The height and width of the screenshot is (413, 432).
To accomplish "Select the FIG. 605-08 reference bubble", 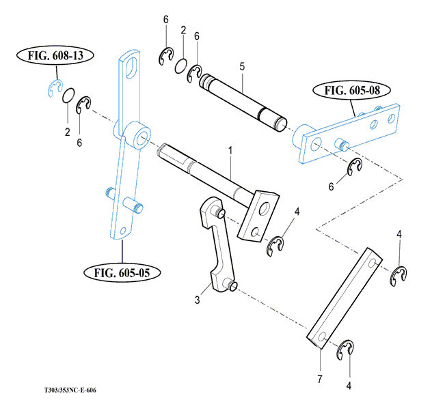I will (x=352, y=90).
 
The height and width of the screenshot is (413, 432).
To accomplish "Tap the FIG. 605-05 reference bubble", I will (x=123, y=272).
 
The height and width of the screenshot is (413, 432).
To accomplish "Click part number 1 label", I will (x=230, y=149).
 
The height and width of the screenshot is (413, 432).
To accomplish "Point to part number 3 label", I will (x=197, y=299).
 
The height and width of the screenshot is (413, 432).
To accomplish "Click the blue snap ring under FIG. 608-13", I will (x=55, y=87).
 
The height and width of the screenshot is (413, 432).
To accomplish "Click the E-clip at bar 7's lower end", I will (x=348, y=350).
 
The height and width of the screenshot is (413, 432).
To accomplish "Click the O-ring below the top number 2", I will (x=181, y=66).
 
